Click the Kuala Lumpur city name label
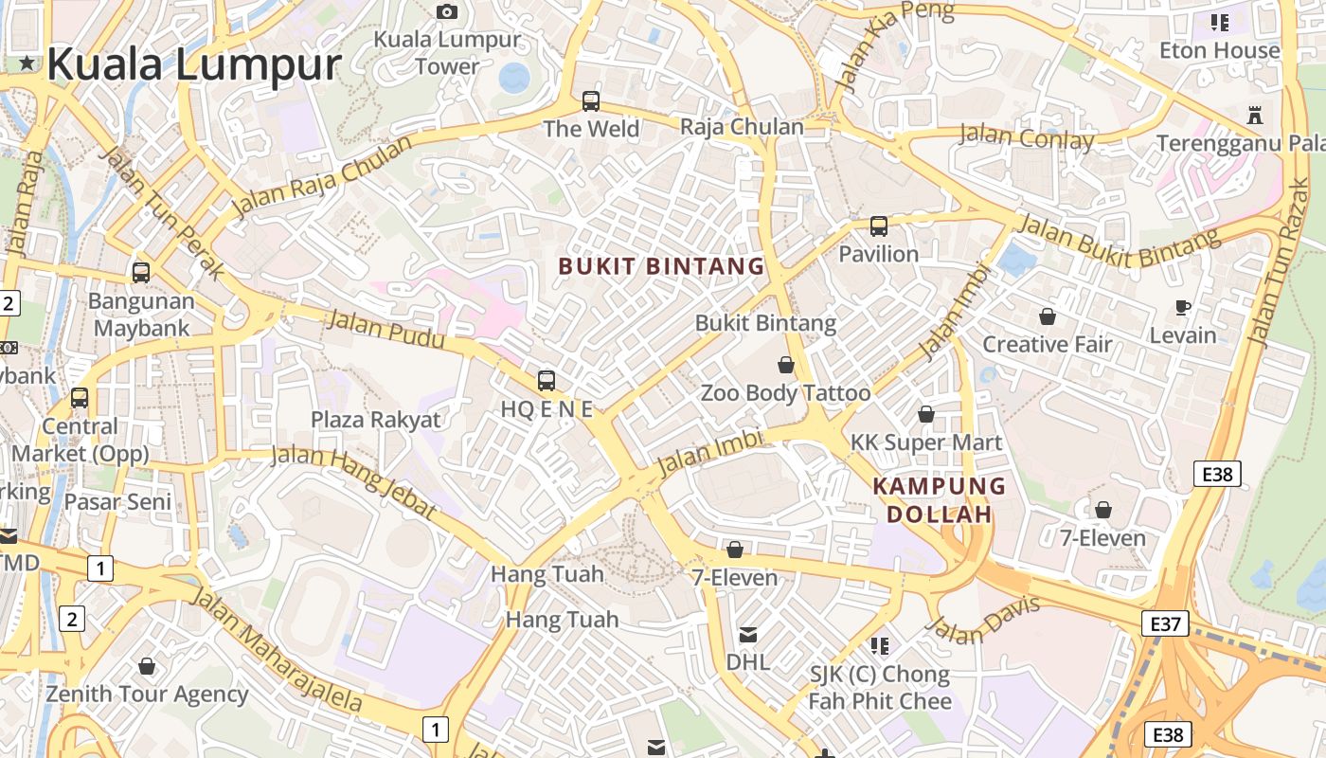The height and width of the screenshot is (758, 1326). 193,64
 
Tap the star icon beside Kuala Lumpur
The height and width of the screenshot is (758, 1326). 27,63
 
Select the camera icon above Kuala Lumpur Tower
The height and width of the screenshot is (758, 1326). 447,11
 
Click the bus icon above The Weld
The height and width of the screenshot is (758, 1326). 591,100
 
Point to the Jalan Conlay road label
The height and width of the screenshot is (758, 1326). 1027,137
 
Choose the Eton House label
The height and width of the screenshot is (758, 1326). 1220,50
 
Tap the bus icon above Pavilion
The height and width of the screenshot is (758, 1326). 879,226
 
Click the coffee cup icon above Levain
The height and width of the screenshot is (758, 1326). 1182,307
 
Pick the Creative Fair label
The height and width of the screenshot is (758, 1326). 1047,344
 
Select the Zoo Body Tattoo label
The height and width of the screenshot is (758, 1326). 785,392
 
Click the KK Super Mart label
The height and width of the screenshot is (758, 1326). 925,442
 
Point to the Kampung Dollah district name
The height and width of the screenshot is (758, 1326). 939,500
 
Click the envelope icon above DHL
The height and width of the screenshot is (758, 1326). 748,634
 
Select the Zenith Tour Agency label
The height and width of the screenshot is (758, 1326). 147,694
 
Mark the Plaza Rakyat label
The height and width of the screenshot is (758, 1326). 376,420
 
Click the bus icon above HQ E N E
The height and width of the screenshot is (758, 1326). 547,381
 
